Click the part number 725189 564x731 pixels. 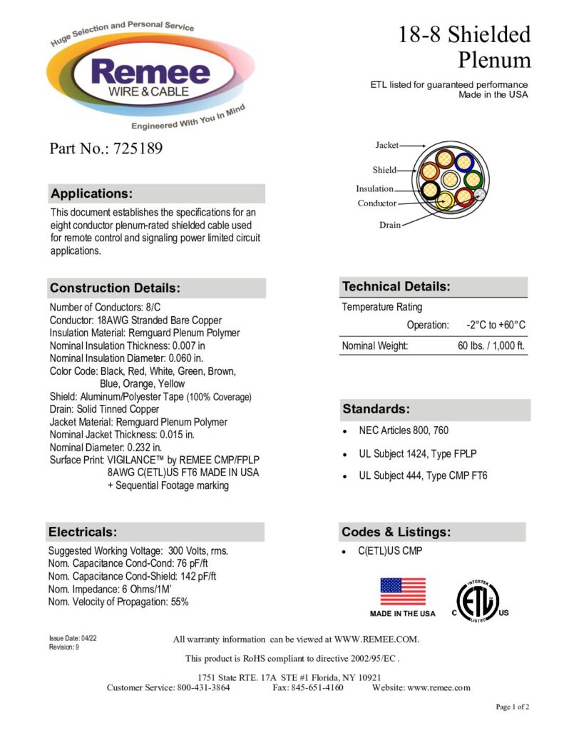click(x=135, y=148)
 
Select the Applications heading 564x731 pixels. click(x=92, y=193)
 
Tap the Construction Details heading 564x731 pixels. click(x=115, y=288)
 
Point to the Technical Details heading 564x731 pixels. click(x=396, y=287)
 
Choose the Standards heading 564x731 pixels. click(x=376, y=409)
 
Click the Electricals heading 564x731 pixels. click(x=83, y=532)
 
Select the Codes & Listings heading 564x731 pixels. click(x=396, y=532)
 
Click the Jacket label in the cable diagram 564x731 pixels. click(x=387, y=146)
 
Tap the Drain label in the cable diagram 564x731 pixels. click(x=389, y=225)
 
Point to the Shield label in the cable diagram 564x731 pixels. click(x=384, y=170)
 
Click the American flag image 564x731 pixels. click(x=403, y=592)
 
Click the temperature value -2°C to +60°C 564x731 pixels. click(x=496, y=326)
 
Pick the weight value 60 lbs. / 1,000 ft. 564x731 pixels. click(x=491, y=346)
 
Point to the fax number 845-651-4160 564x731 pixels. click(x=319, y=687)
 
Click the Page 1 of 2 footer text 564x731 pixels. click(x=513, y=707)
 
